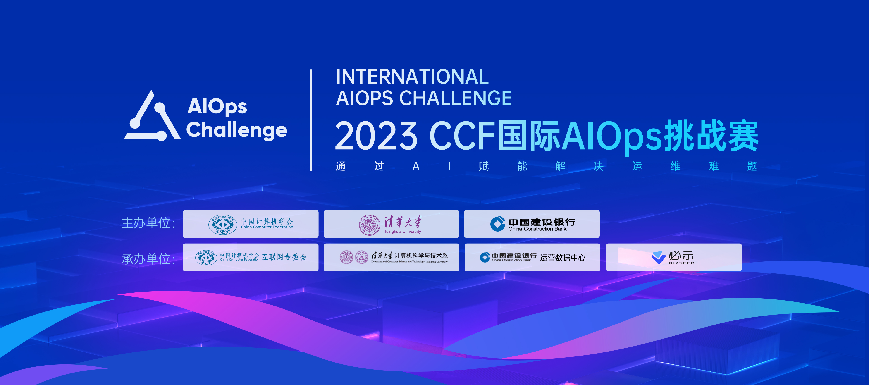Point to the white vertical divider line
(311, 120)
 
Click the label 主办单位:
(148, 223)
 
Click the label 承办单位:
(148, 259)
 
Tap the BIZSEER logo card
(674, 257)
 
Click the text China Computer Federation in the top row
(267, 227)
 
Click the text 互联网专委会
(284, 257)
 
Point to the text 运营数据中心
(563, 258)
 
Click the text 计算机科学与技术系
(421, 256)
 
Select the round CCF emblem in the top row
(223, 224)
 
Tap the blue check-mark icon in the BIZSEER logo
(659, 257)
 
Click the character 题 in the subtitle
(752, 166)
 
